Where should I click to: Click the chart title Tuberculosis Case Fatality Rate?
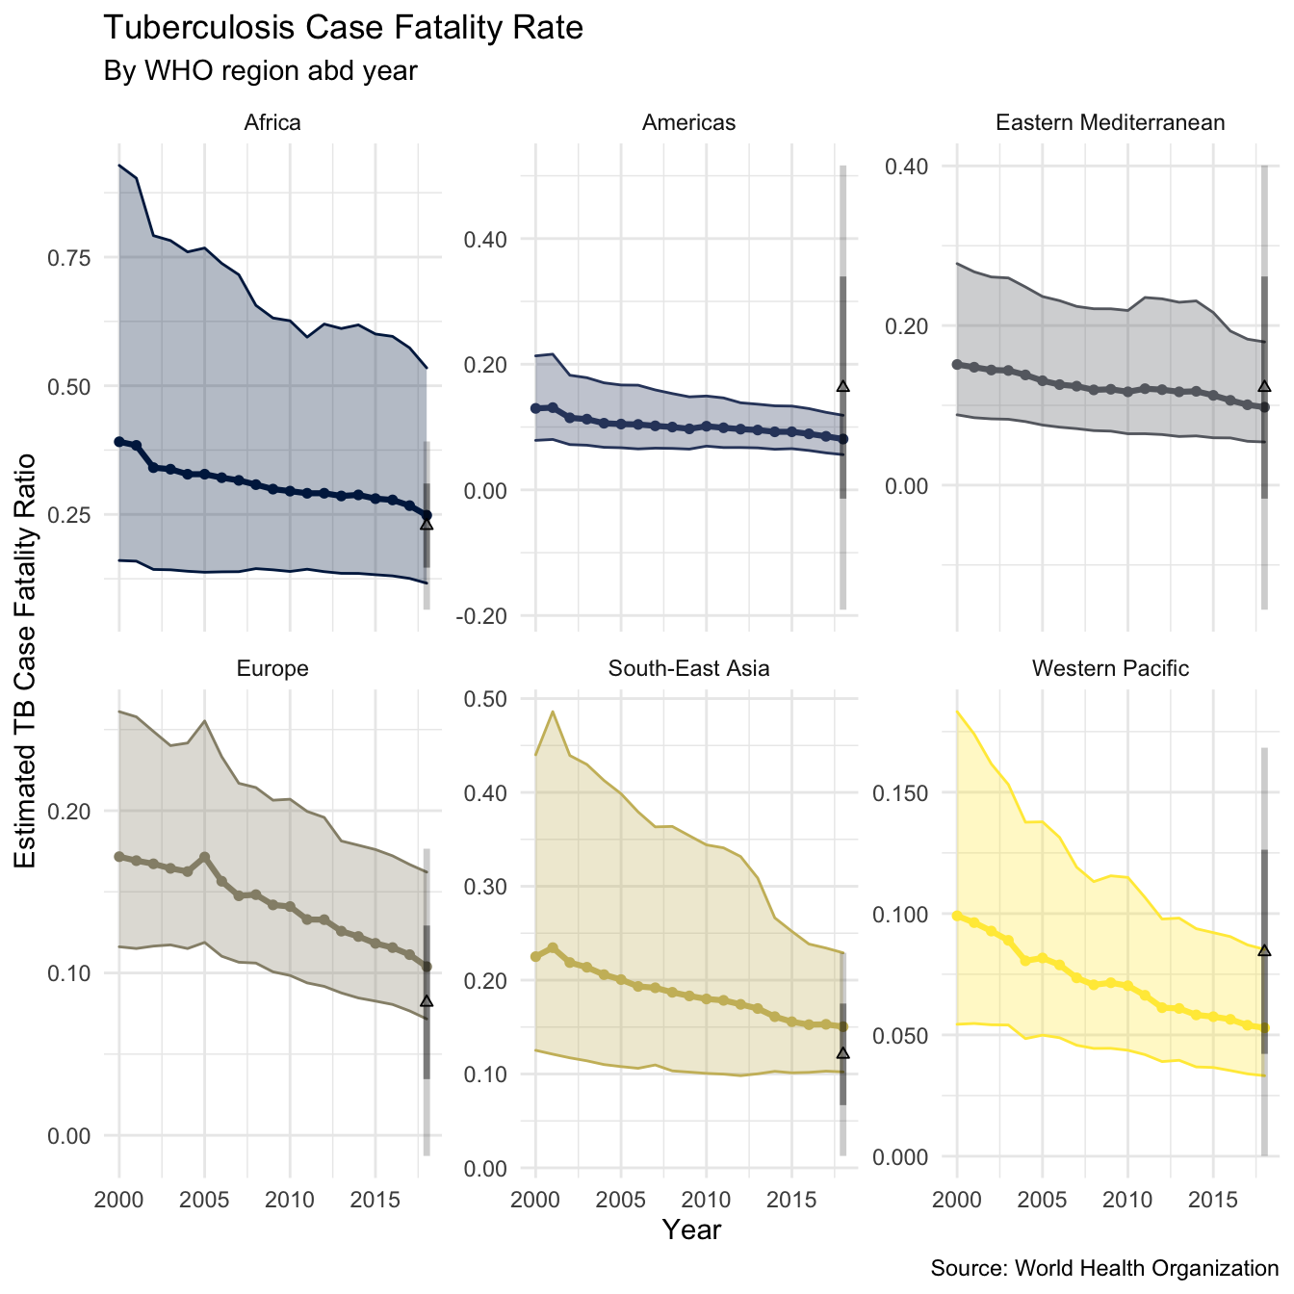(343, 28)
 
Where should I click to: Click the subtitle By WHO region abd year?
(260, 71)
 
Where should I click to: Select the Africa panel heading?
(272, 122)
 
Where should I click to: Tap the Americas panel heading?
(688, 122)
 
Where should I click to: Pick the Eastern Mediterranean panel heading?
(1110, 122)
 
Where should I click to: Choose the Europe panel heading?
(272, 668)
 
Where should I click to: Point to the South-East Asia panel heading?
(688, 668)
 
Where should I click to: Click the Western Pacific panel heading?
(1110, 668)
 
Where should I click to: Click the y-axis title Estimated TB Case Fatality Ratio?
(26, 660)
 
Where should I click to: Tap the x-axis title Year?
(691, 1229)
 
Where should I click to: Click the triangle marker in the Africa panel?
(427, 524)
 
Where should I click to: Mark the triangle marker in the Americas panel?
(842, 386)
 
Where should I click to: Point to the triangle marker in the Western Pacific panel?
(1264, 950)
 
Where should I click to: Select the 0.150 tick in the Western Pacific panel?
(900, 793)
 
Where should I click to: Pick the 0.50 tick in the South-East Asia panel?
(490, 699)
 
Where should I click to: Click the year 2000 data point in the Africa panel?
(119, 442)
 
